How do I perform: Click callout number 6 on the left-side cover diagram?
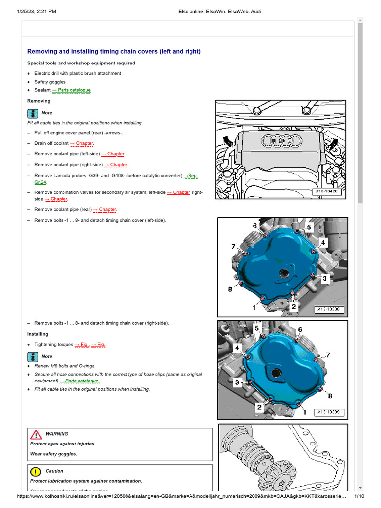coord(255,226)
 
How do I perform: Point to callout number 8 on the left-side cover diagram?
coord(230,289)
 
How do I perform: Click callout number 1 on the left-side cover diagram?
coord(254,308)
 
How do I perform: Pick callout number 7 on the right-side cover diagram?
coord(328,355)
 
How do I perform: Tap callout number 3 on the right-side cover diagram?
coord(237,382)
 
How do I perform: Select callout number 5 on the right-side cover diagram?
coord(256,328)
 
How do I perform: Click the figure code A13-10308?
coord(330,310)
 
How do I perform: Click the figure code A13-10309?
coord(330,412)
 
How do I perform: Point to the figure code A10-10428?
coord(327,191)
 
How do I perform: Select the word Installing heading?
coord(38,334)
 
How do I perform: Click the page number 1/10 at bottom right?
coord(359,496)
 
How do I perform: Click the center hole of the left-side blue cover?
coord(285,272)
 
